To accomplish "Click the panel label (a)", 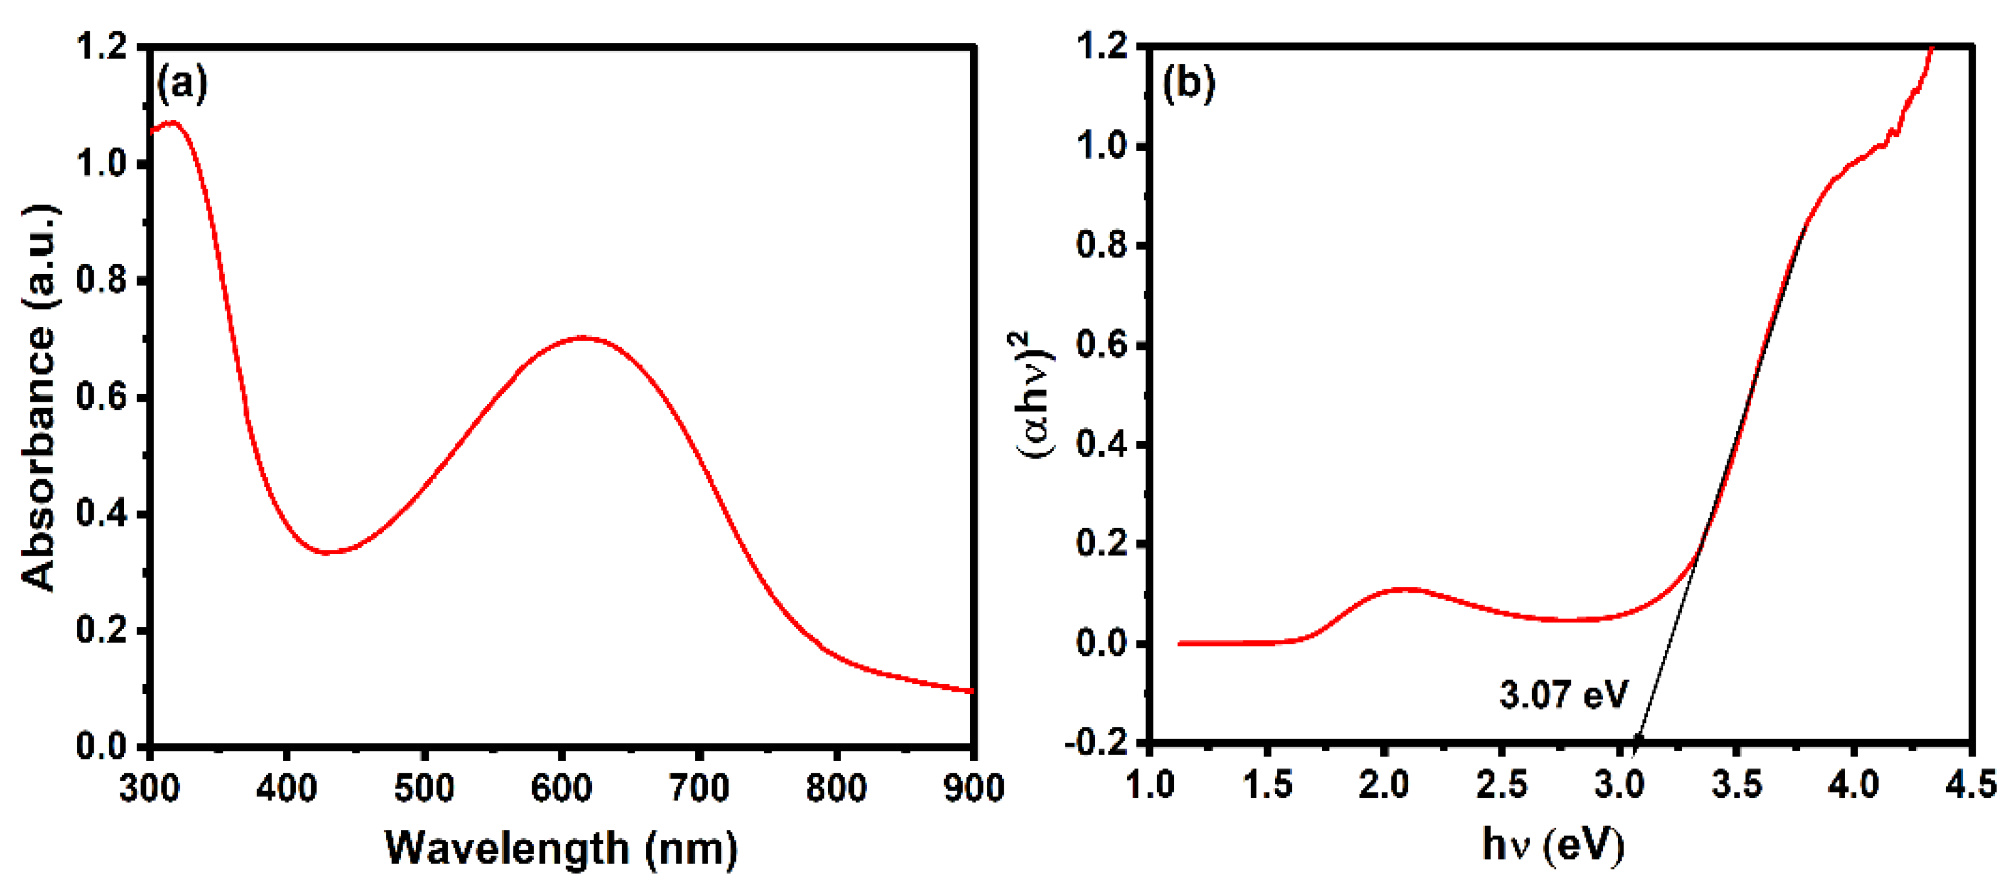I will click(x=182, y=83).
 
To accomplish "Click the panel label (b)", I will click(x=1188, y=83).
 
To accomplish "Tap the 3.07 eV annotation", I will click(x=1563, y=694).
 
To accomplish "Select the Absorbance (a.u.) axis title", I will click(x=39, y=398).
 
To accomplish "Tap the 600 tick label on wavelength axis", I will click(x=561, y=787).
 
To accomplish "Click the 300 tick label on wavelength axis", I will click(x=149, y=787).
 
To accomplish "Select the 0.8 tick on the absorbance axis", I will click(x=102, y=280).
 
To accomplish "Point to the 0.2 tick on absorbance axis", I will click(x=102, y=630).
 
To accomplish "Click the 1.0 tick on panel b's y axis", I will click(x=1102, y=147).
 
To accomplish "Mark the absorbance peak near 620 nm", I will click(x=582, y=338).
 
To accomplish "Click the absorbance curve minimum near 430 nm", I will click(x=329, y=552).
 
